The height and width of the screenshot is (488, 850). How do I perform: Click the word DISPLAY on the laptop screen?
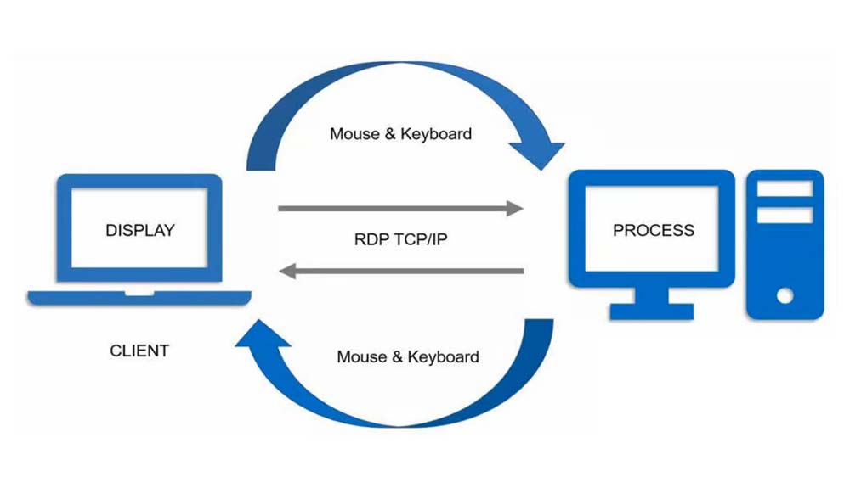(x=140, y=230)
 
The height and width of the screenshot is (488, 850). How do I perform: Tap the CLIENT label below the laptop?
(x=139, y=351)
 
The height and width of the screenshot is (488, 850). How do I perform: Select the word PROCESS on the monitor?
(x=654, y=230)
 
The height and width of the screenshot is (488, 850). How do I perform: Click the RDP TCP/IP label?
(x=400, y=239)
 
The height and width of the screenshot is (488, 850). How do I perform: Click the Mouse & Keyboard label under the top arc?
(x=400, y=134)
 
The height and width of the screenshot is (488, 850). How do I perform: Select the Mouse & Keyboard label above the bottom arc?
(x=408, y=357)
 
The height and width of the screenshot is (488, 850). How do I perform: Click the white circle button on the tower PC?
(x=785, y=295)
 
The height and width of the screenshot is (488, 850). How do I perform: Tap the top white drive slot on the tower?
(x=784, y=189)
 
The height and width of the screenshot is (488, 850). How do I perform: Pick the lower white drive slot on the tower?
(x=784, y=216)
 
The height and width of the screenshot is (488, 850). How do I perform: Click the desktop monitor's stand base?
(x=652, y=311)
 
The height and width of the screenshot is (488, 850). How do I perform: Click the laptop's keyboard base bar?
(x=139, y=298)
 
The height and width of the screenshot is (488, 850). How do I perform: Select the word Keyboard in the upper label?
(x=436, y=134)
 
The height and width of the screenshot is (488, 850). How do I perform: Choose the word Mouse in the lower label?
(x=361, y=357)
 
